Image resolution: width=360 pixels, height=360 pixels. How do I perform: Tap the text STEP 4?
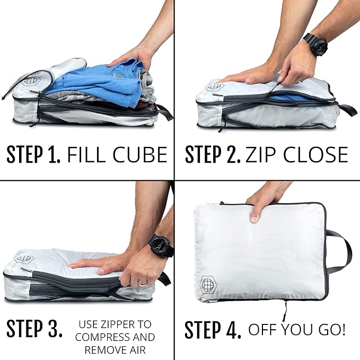coord(213,329)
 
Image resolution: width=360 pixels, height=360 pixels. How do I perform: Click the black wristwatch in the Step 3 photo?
coord(161,245)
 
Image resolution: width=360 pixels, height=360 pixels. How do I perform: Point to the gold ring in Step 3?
coord(143,283)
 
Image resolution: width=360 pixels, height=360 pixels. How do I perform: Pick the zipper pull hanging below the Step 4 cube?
coord(286,308)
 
